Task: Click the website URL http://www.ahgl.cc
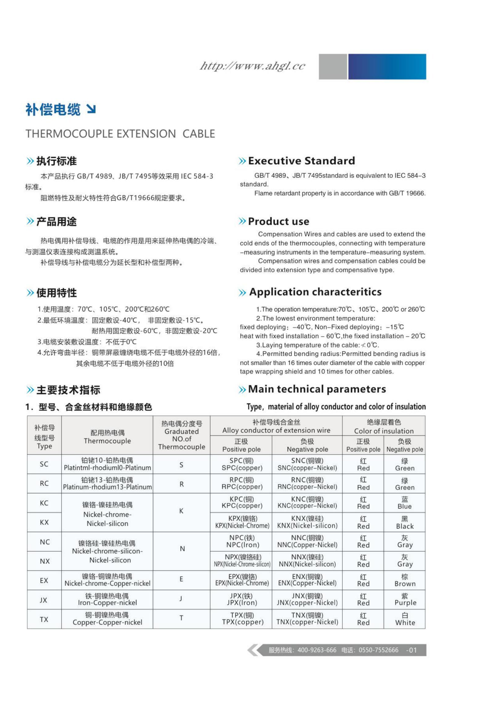[x=252, y=66]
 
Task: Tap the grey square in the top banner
[x=333, y=67]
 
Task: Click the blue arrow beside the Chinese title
[x=91, y=109]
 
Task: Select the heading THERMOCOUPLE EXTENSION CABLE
[x=120, y=134]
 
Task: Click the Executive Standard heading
[x=301, y=161]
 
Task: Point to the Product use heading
[x=278, y=221]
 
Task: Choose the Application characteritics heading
[x=315, y=292]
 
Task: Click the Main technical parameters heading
[x=317, y=389]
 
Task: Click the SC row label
[x=44, y=464]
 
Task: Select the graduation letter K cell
[x=181, y=511]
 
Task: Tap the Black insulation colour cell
[x=405, y=522]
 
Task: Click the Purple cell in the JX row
[x=405, y=599]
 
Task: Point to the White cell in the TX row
[x=405, y=619]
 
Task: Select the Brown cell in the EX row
[x=405, y=580]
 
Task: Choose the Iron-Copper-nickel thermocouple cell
[x=107, y=599]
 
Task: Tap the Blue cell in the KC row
[x=405, y=503]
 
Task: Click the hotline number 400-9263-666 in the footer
[x=317, y=650]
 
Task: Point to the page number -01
[x=411, y=650]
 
